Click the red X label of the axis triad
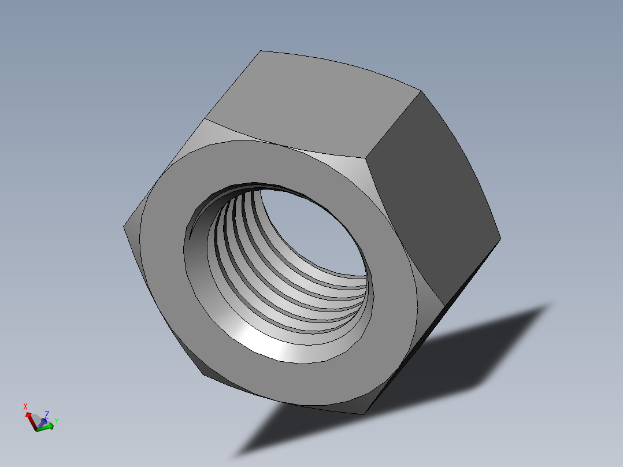(x=25, y=406)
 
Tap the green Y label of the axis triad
(x=57, y=421)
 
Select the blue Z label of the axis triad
(x=46, y=414)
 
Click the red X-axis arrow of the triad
(x=30, y=420)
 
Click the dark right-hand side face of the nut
(x=431, y=197)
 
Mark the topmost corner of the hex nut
(x=261, y=51)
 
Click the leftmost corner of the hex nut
(x=124, y=226)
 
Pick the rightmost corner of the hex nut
(x=500, y=238)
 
